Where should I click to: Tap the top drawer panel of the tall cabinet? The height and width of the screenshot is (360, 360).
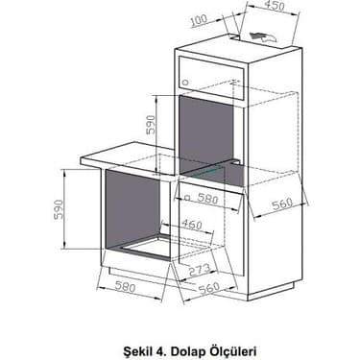pyautogui.click(x=211, y=69)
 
